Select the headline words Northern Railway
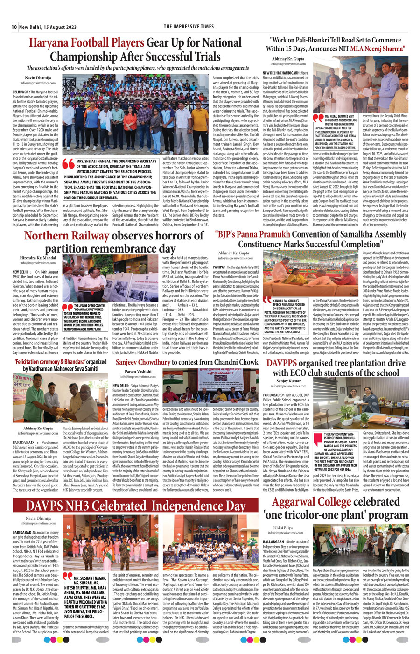(x=66, y=236)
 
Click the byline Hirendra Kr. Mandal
(x=38, y=257)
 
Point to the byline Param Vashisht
(x=138, y=372)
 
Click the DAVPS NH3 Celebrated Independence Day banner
(x=135, y=506)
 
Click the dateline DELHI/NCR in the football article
(x=21, y=92)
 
